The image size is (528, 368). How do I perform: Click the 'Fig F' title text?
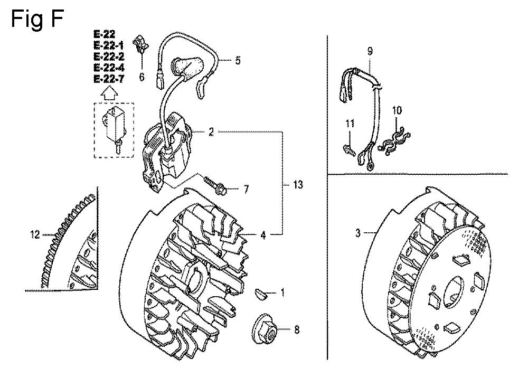click(37, 18)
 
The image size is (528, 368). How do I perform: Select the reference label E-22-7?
click(109, 79)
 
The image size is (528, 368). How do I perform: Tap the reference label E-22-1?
click(109, 45)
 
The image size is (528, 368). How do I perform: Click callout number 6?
click(142, 77)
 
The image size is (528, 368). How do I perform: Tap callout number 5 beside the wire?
click(238, 61)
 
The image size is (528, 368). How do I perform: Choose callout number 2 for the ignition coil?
click(211, 133)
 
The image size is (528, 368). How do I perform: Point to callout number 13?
click(298, 184)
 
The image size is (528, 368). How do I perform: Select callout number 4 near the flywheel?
click(263, 235)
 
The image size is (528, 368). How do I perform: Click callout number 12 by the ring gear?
click(35, 234)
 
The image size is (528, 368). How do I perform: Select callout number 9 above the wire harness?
click(370, 52)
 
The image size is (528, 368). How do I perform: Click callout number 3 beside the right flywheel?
click(358, 233)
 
